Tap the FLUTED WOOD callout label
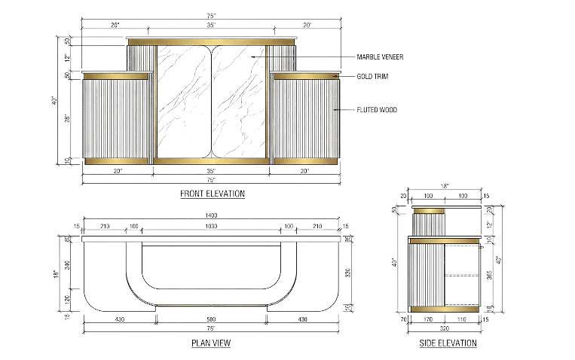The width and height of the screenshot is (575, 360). point(377,110)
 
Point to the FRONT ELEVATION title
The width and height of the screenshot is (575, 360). point(213,194)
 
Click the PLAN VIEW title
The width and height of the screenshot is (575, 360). point(212,343)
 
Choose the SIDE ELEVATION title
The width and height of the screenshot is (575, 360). point(448,343)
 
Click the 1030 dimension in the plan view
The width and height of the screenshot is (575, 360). point(213,227)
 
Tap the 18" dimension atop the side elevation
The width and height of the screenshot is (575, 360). point(445,185)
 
